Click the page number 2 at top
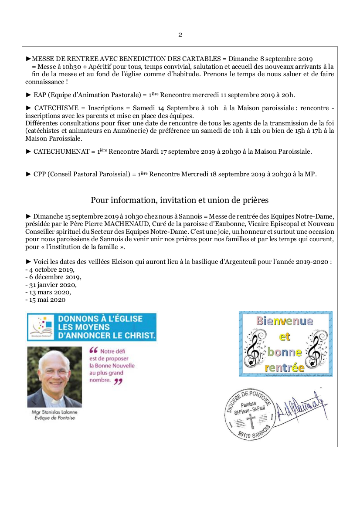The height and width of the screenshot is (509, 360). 180,35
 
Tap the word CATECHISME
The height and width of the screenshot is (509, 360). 53,107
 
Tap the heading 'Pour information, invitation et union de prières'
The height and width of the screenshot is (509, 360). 180,200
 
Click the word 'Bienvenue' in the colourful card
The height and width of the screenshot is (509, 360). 285,321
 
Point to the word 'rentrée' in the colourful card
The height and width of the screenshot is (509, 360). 285,367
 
